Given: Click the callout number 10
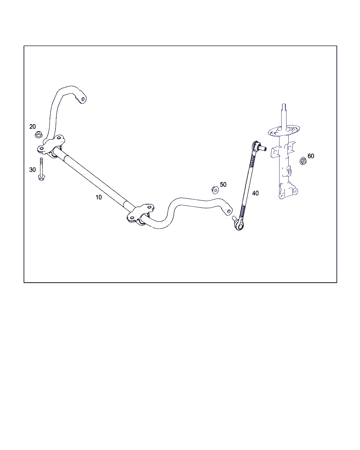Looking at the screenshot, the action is pos(98,197).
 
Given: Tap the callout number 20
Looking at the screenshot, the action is pos(32,127).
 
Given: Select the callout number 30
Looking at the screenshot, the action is pos(32,169).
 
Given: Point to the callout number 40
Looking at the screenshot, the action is pos(255,193).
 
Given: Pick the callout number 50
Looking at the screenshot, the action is pos(223,185).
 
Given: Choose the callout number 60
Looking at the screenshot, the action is pos(311,156).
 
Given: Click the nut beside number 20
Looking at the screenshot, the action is pos(38,134).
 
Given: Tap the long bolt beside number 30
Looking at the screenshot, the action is pos(41,169).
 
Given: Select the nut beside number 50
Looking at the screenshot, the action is pos(215,190).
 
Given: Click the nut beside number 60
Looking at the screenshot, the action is pos(303,161).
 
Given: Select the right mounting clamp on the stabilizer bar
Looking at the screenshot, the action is pos(140,213).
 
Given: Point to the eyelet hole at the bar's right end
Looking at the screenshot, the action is pos(229,211).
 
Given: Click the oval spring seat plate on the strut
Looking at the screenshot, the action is pos(284,131).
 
